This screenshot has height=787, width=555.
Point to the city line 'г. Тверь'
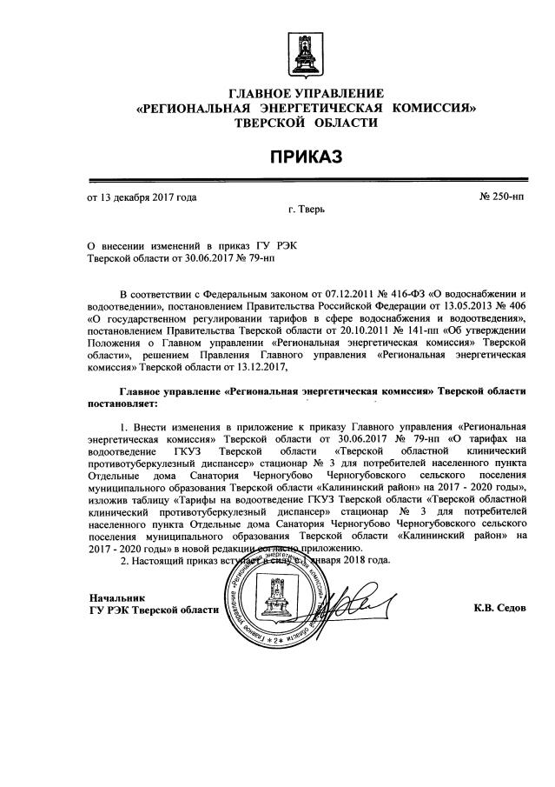306,211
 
